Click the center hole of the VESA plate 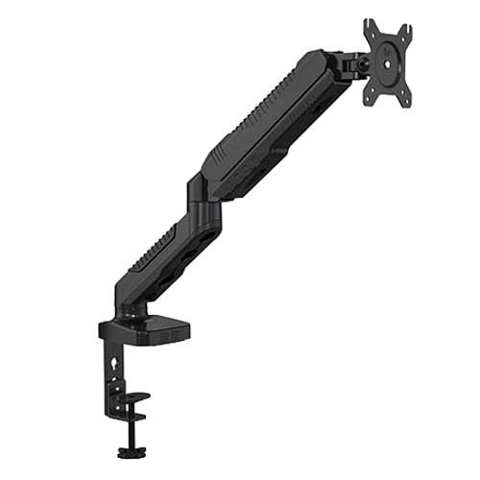pos(388,63)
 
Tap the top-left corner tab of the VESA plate pos(369,26)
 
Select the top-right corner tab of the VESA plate pos(408,32)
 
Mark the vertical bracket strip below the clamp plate pos(113,374)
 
